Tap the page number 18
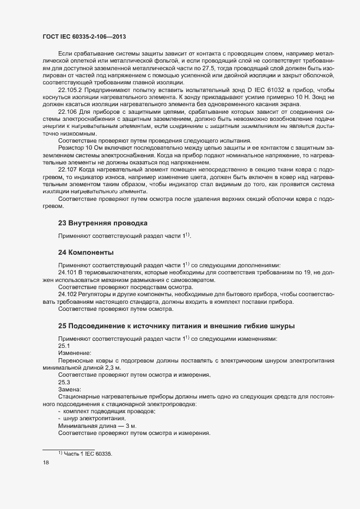pos(46,463)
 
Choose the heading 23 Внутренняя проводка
pos(102,223)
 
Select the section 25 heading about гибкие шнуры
pos(176,326)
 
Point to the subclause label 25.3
pos(64,382)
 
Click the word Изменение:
pos(75,353)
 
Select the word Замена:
pos(69,389)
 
